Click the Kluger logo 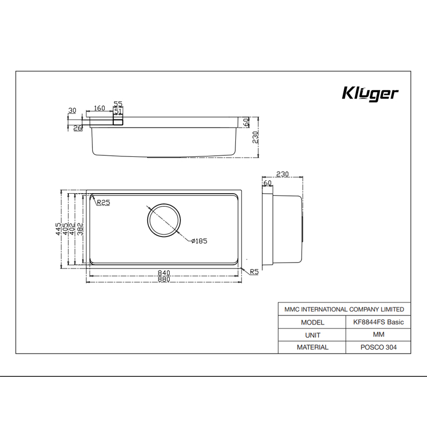[369, 94]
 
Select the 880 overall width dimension [164, 281]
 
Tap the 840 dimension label [164, 273]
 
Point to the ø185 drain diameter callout [199, 241]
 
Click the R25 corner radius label [103, 202]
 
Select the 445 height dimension [59, 229]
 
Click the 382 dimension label [80, 229]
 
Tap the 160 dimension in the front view [99, 108]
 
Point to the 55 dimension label [118, 104]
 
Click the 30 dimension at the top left [72, 110]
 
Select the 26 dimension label [77, 128]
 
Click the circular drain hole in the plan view [164, 220]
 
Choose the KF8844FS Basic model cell [378, 322]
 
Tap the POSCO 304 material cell [378, 347]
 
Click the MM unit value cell [378, 335]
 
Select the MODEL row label [313, 322]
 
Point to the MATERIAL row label [313, 347]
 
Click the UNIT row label [313, 335]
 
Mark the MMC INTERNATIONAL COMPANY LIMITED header [345, 310]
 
